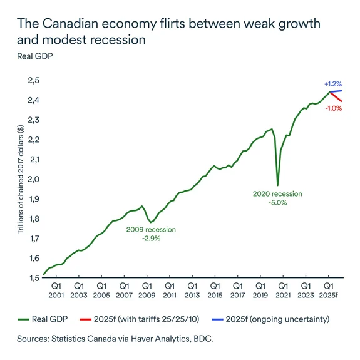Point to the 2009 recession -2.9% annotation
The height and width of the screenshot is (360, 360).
tap(151, 234)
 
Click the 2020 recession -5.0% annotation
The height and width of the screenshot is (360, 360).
tap(277, 198)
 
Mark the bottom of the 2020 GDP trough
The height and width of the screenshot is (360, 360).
tap(277, 185)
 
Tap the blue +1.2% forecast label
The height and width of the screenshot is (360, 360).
tap(332, 83)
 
